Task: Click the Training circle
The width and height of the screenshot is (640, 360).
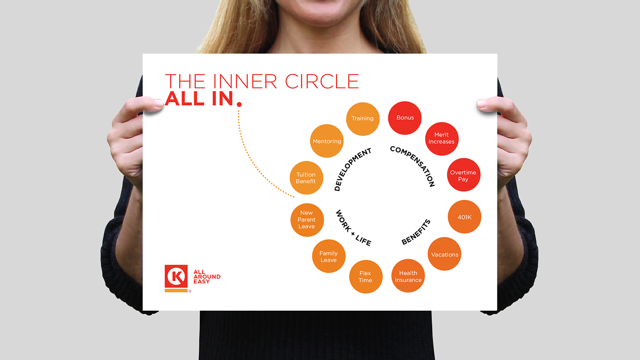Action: pyautogui.click(x=363, y=119)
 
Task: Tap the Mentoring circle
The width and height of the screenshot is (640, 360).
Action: pyautogui.click(x=327, y=141)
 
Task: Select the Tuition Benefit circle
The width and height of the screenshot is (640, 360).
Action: pyautogui.click(x=306, y=178)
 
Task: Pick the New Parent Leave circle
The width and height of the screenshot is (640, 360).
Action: pyautogui.click(x=307, y=220)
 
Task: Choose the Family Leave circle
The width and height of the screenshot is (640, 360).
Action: pyautogui.click(x=328, y=256)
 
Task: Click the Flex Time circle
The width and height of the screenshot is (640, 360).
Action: pyautogui.click(x=365, y=276)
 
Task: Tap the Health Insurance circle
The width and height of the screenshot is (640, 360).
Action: pyautogui.click(x=408, y=276)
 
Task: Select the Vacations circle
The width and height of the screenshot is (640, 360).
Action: pyautogui.click(x=445, y=254)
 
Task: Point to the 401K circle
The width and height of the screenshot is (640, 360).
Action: pyautogui.click(x=464, y=217)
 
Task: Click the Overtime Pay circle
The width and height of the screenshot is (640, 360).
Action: pyautogui.click(x=464, y=175)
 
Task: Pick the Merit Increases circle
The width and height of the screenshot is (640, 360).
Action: pyautogui.click(x=442, y=138)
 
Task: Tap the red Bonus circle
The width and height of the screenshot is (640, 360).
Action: pyautogui.click(x=405, y=118)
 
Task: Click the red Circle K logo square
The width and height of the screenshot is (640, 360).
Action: pyautogui.click(x=176, y=276)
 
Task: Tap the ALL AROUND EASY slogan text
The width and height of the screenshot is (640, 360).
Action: pyautogui.click(x=207, y=276)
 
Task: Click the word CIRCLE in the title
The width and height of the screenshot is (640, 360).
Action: pyautogui.click(x=322, y=81)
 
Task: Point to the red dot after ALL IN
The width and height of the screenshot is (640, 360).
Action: pyautogui.click(x=239, y=105)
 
